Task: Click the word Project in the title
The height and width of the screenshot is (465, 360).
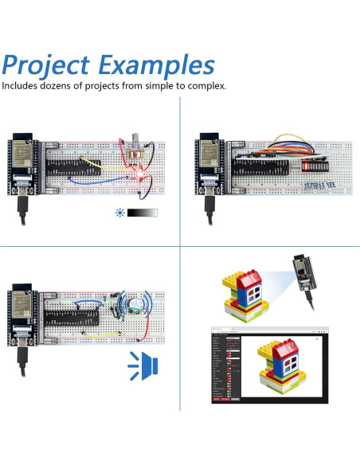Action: pos(54,65)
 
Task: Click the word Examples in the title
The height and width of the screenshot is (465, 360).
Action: pos(163,65)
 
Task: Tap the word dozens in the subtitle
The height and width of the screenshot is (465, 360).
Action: pos(65,85)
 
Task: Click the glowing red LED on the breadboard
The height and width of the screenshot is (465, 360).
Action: pos(137,173)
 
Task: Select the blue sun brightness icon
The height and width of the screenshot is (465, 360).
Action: pos(119,213)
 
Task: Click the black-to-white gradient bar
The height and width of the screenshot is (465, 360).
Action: pos(142,213)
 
